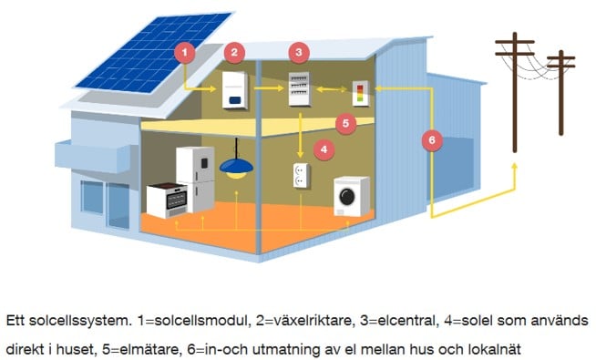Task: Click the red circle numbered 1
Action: [x=185, y=52]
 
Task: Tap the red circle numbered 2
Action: [x=235, y=52]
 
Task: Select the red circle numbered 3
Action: [x=299, y=52]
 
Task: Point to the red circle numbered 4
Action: [x=322, y=147]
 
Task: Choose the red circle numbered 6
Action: [x=432, y=141]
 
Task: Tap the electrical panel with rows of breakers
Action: [x=303, y=88]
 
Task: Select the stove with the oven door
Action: [x=168, y=199]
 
